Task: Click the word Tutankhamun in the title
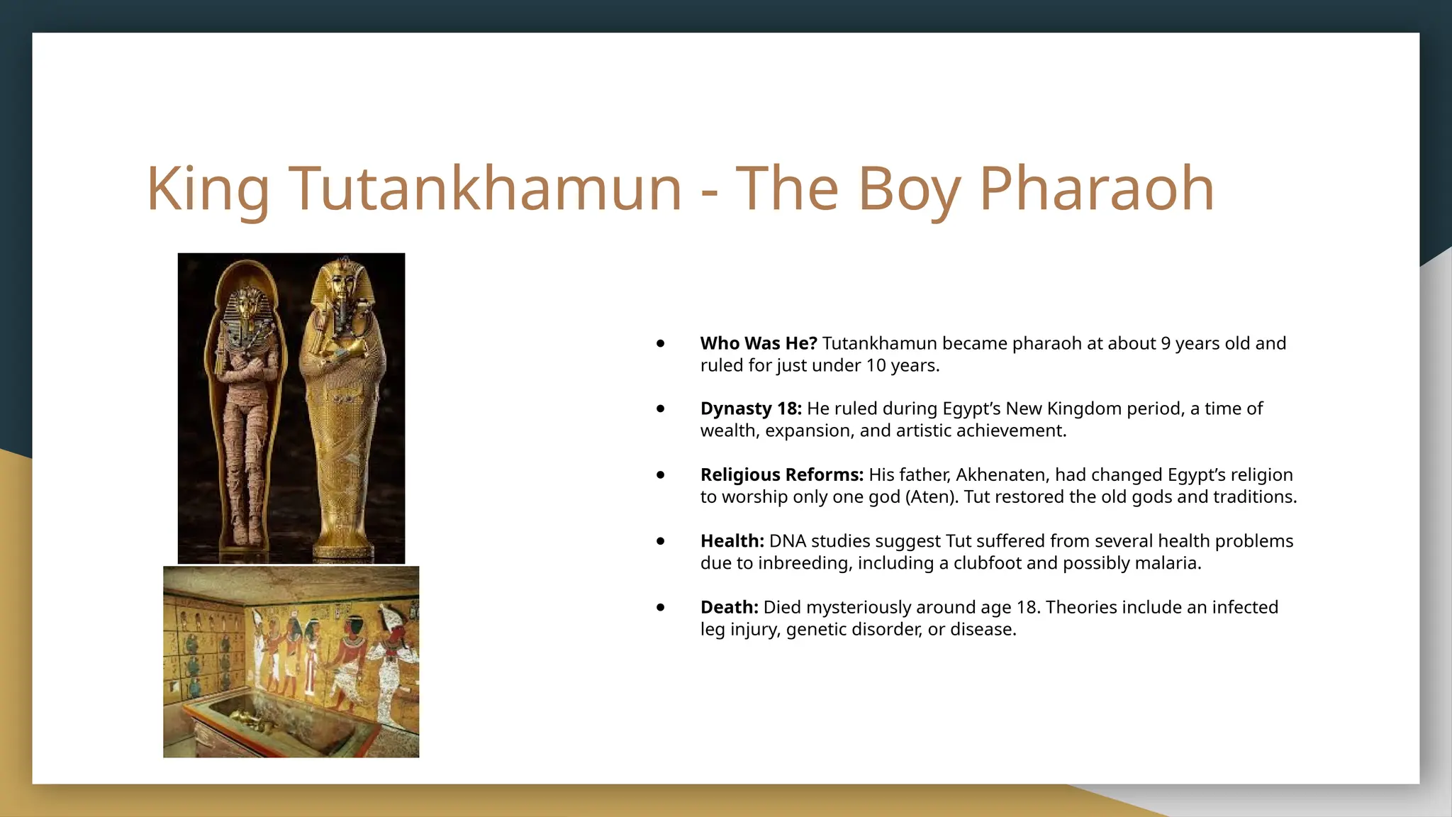click(485, 189)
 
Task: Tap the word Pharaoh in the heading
click(1097, 189)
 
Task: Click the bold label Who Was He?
click(758, 343)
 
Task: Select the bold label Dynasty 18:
click(750, 408)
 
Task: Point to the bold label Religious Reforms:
click(781, 474)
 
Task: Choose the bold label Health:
click(732, 541)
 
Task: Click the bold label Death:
click(729, 607)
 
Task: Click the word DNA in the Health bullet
click(788, 541)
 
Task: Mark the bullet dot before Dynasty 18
click(661, 408)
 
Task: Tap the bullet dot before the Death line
click(661, 607)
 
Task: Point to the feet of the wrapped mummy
click(247, 532)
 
